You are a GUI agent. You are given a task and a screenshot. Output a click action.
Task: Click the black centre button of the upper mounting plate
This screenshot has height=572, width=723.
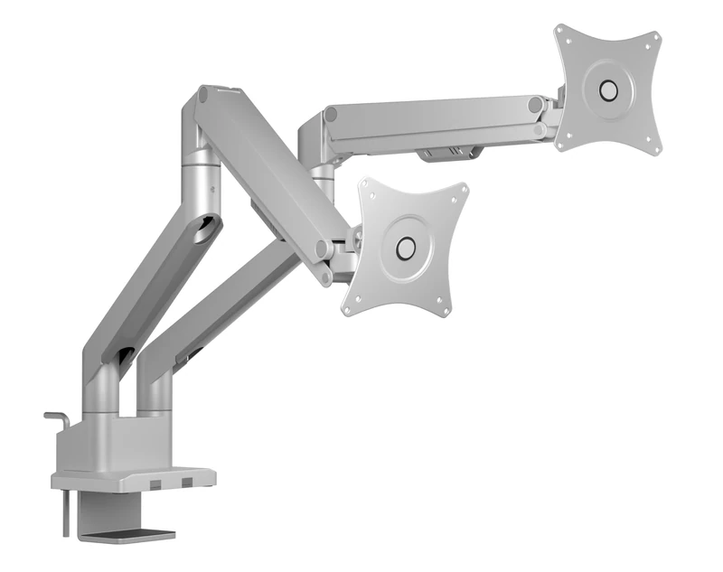pos(608,90)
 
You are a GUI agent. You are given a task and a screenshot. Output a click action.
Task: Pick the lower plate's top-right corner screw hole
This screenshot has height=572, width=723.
pos(464,190)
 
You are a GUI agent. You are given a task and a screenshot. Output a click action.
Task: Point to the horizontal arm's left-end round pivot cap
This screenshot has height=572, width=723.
pos(332,115)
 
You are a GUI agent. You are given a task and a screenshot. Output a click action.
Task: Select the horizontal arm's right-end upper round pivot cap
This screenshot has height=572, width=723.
pos(536,105)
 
